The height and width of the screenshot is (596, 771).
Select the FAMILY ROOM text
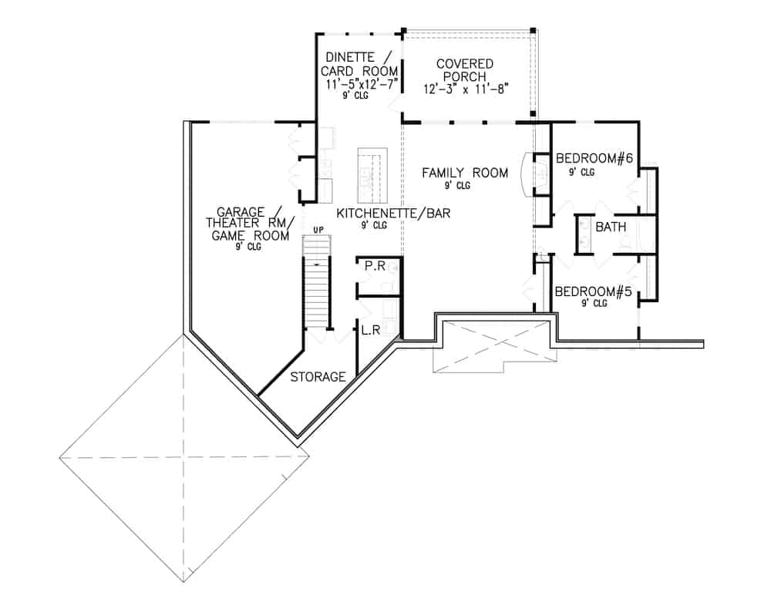(x=465, y=173)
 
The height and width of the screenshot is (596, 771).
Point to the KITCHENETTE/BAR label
(x=393, y=212)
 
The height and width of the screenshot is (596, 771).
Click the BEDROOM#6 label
(x=594, y=160)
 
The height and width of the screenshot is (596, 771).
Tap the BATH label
(x=611, y=227)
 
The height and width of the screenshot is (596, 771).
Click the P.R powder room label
(x=375, y=266)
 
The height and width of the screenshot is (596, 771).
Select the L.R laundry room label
(x=370, y=330)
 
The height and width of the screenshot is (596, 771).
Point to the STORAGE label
(x=318, y=377)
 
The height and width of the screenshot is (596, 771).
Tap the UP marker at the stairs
(x=317, y=230)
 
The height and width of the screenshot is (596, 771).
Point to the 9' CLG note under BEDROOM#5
(x=594, y=304)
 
